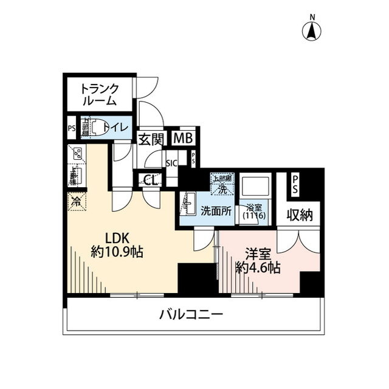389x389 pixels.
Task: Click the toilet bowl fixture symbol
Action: pos(94,128)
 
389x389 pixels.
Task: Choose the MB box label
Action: pos(182,139)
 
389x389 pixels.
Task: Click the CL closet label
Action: pos(150,180)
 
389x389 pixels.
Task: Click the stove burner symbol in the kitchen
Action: pos(77,155)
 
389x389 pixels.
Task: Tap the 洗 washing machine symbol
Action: pos(222,188)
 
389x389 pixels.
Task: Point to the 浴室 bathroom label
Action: pos(252,207)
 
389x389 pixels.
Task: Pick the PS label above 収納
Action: pos(295,185)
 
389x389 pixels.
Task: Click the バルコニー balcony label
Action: pos(191,315)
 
